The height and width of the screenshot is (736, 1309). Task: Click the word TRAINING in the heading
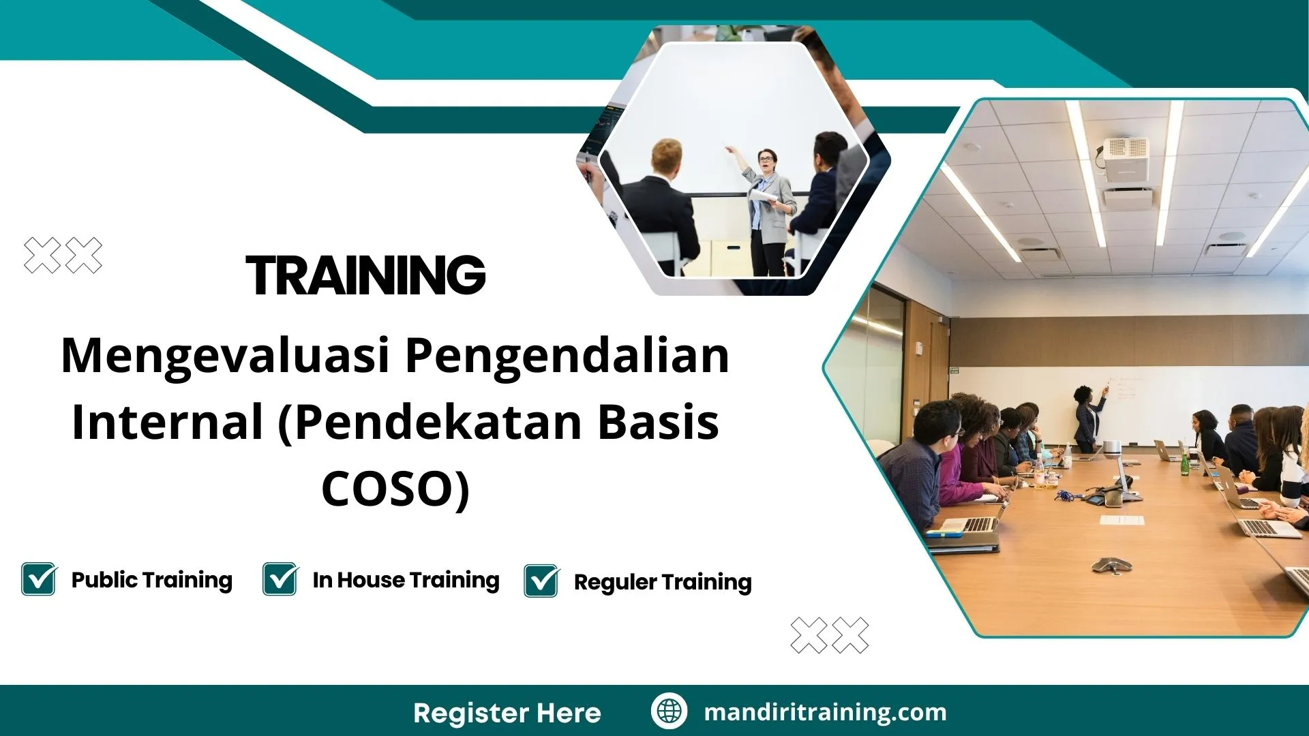[x=365, y=275]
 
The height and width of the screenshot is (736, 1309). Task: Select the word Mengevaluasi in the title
[x=225, y=356]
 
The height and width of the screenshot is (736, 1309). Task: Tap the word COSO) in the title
[x=395, y=489]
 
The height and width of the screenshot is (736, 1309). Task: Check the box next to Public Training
[x=38, y=579]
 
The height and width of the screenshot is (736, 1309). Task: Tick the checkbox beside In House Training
[x=280, y=579]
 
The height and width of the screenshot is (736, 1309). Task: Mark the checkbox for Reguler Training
[x=541, y=581]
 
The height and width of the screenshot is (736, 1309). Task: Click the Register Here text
[x=507, y=713]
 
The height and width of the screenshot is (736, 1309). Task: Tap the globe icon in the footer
[x=669, y=711]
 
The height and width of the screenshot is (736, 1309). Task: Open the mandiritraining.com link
[x=825, y=712]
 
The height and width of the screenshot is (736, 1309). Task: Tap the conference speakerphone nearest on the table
[x=1111, y=564]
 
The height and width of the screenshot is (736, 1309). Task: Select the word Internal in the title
[x=167, y=423]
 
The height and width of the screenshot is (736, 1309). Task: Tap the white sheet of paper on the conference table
[x=1122, y=520]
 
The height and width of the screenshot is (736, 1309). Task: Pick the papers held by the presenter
[x=764, y=196]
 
